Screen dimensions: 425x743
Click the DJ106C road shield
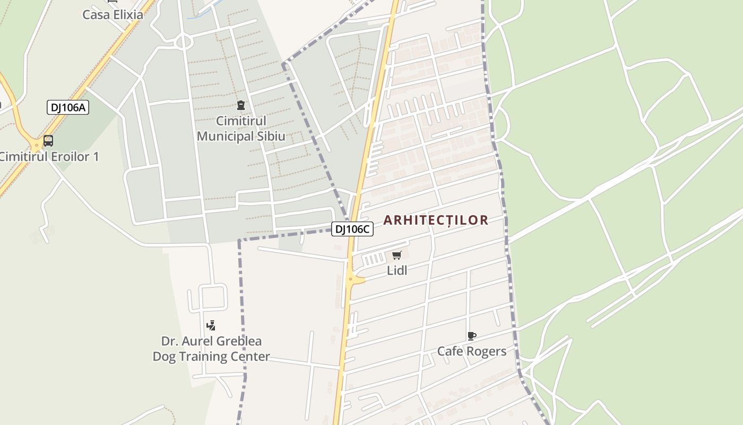tap(352, 229)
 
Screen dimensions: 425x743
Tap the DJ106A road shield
tap(68, 107)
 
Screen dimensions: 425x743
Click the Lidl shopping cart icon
tap(397, 256)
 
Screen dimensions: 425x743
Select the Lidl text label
tap(397, 270)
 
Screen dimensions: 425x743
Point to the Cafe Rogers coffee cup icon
tap(471, 336)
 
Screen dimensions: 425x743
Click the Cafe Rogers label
tap(471, 351)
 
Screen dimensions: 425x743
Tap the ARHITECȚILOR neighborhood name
tap(436, 220)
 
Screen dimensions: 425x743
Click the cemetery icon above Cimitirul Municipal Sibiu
tap(241, 105)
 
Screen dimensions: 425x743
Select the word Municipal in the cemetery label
tap(223, 137)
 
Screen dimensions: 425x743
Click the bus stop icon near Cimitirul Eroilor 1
tap(48, 141)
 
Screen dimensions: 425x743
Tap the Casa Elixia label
tap(113, 14)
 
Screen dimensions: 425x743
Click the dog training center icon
tap(211, 325)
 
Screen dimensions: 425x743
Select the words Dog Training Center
tap(211, 356)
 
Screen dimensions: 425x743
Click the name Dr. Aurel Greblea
tap(211, 341)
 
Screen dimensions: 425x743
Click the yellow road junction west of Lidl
tap(351, 279)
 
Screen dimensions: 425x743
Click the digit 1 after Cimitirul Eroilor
tap(96, 157)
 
